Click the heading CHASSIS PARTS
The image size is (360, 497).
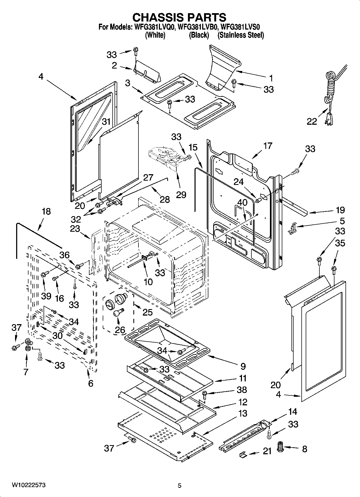tap(180, 17)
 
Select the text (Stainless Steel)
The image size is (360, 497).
tap(241, 35)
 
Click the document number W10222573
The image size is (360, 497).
tap(28, 485)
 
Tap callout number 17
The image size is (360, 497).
tap(268, 146)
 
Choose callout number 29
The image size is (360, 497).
tap(181, 195)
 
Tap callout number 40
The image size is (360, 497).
tap(242, 202)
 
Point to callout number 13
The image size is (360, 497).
tap(243, 413)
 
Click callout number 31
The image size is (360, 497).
tap(106, 122)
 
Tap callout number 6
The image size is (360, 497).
tap(91, 383)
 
